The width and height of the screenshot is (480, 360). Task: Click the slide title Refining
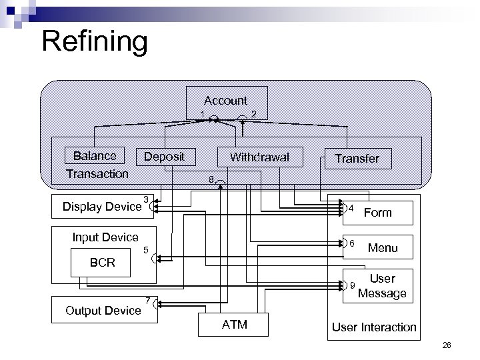(94, 41)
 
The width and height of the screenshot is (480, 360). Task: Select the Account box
(225, 101)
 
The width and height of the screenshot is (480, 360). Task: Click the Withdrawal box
(259, 157)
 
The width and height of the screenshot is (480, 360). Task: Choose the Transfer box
(356, 158)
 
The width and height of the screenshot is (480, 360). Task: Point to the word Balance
(95, 156)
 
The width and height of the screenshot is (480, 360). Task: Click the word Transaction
(97, 174)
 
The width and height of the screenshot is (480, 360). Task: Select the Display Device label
(102, 206)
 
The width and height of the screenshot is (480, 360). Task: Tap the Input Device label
(105, 237)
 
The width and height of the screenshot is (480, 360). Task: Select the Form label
(378, 212)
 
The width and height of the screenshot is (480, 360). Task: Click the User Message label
(382, 286)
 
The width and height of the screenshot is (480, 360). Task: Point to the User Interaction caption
(373, 327)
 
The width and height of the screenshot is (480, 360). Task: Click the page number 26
(446, 345)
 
